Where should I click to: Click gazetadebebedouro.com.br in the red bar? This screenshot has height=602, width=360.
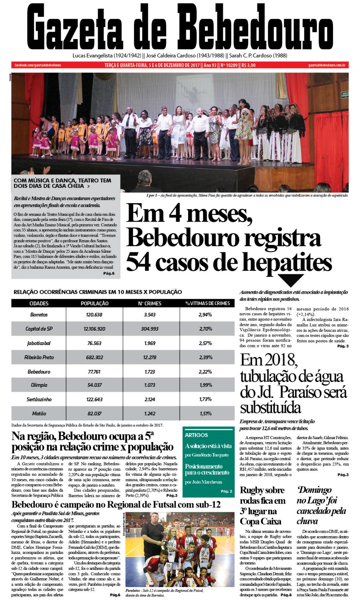(x=327, y=65)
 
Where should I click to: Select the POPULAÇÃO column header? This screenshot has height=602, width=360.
(x=95, y=303)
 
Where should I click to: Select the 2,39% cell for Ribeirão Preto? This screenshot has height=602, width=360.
(x=205, y=357)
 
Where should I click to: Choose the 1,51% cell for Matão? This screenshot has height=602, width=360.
(x=205, y=413)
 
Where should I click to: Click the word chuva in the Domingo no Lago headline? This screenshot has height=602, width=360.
(x=307, y=521)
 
